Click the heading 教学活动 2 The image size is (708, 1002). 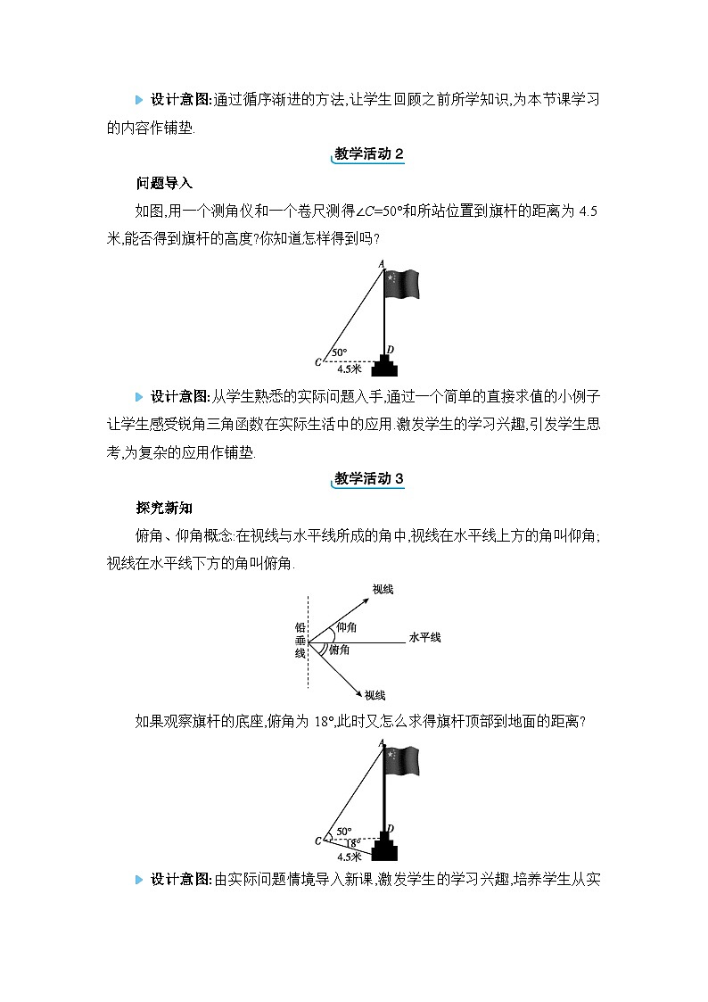(x=367, y=154)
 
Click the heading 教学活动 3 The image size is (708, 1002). (x=367, y=479)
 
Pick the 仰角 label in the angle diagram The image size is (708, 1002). (x=346, y=628)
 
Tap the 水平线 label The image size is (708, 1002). (x=424, y=637)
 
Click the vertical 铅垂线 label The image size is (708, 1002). (x=300, y=640)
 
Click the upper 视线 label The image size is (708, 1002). (x=383, y=589)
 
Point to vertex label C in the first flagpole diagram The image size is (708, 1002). (x=317, y=361)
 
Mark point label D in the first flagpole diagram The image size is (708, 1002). (x=391, y=349)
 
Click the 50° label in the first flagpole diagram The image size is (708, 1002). (x=340, y=352)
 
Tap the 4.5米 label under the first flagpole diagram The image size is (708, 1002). (x=350, y=368)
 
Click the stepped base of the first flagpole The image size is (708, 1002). (x=385, y=365)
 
